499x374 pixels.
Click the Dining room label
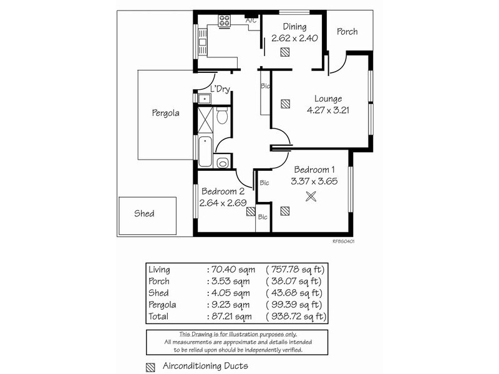(x=294, y=27)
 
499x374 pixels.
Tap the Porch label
(x=347, y=31)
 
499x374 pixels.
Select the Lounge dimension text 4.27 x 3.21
(x=328, y=110)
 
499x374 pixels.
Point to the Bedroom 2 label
(x=223, y=191)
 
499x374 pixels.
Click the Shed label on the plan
(x=144, y=214)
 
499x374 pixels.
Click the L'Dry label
(x=221, y=90)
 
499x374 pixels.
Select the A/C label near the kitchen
(x=251, y=21)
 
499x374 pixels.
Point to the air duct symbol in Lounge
(x=285, y=103)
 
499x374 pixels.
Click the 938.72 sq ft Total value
(x=295, y=317)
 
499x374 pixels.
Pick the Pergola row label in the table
(x=163, y=305)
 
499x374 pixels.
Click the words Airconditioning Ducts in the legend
(x=205, y=366)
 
